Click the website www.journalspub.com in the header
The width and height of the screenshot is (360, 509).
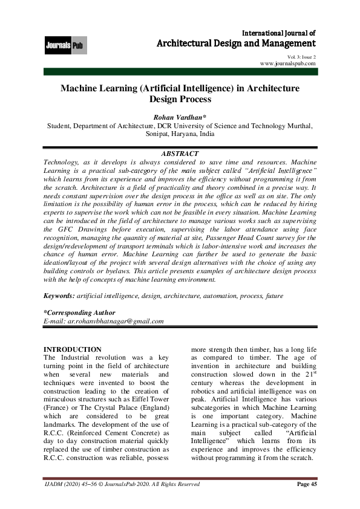[x=287, y=63]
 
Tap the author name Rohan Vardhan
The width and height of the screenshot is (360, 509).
[x=179, y=117]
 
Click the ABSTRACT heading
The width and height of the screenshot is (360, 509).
[x=180, y=154]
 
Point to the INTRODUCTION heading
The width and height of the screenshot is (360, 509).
[x=73, y=349]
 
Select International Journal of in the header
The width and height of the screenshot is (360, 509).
[x=278, y=32]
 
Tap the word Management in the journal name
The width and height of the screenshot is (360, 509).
[x=286, y=44]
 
